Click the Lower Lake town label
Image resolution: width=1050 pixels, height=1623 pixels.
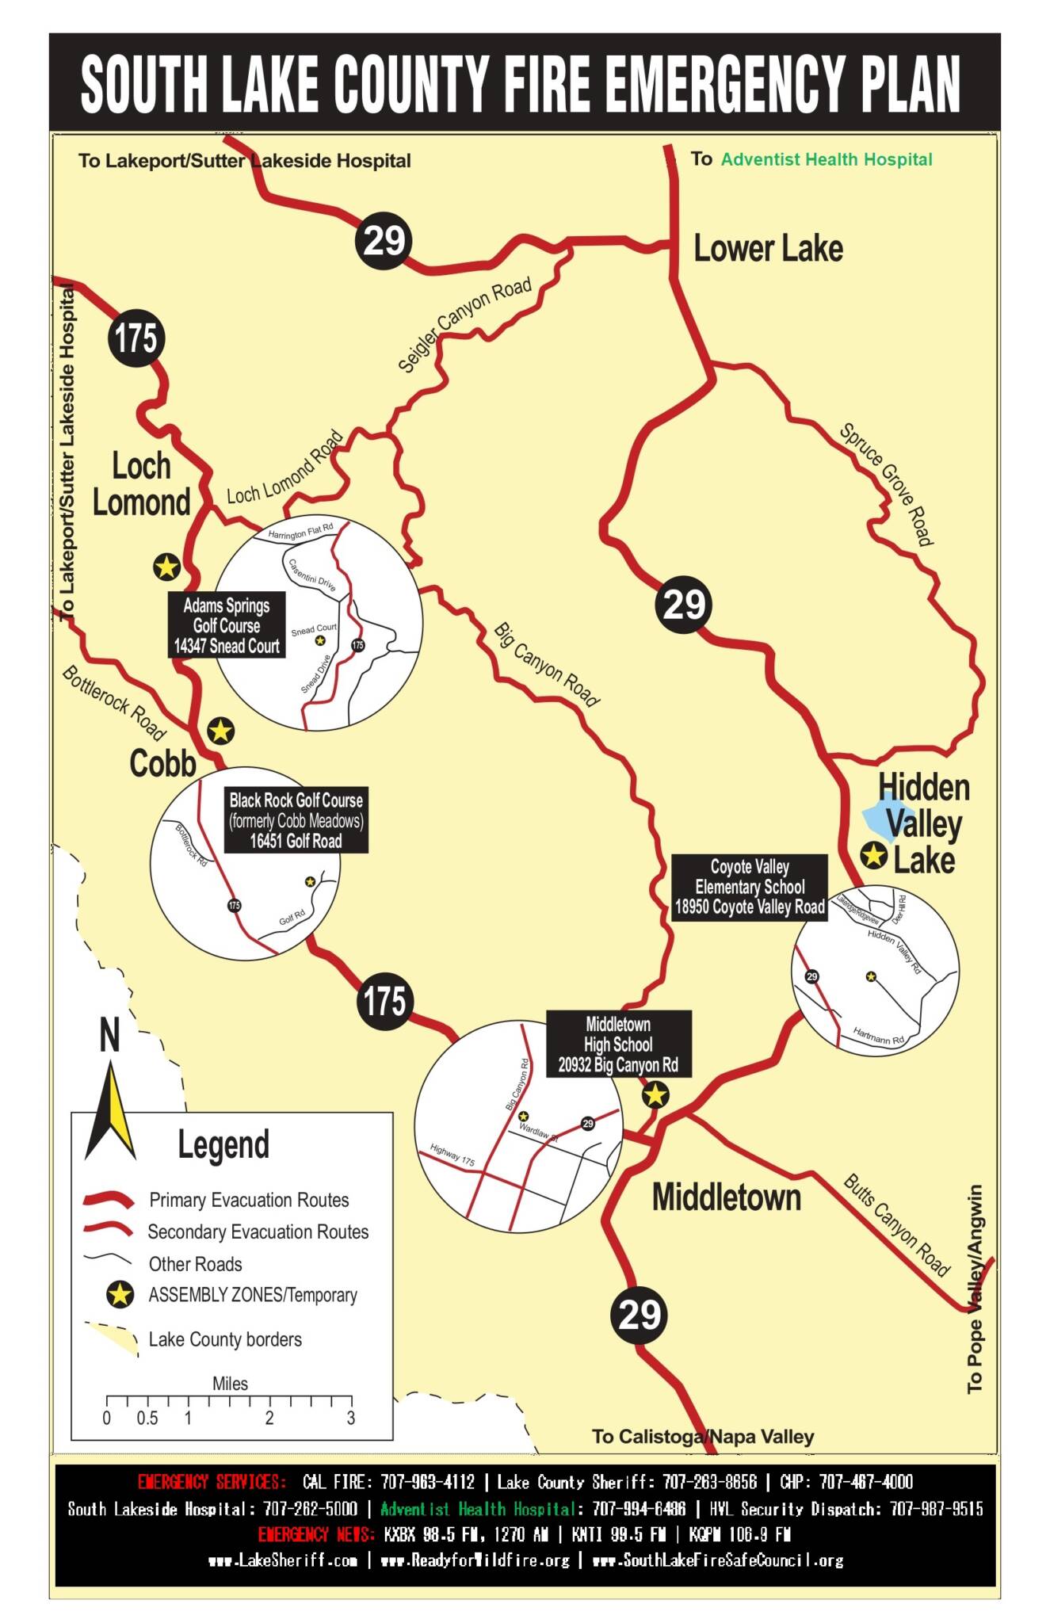pos(768,249)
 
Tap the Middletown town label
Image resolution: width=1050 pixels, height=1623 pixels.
pos(726,1197)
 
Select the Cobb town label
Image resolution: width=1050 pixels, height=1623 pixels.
pos(162,763)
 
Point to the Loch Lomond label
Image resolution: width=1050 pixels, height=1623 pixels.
pos(141,484)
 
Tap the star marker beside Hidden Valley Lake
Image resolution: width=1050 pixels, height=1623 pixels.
pos(873,856)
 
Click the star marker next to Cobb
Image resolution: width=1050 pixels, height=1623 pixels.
pos(220,731)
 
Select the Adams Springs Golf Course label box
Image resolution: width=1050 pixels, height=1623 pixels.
pos(227,626)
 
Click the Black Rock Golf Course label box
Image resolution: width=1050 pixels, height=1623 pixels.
pos(296,820)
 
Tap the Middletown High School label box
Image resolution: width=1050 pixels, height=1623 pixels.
pos(618,1044)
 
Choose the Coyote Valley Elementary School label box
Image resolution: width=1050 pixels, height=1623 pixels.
pos(750,887)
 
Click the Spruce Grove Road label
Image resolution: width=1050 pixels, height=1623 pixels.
pos(886,484)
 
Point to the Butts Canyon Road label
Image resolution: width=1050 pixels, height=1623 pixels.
pos(896,1224)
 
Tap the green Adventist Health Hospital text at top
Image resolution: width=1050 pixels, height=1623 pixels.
pos(826,159)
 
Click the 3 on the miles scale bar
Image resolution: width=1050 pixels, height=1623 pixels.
pos(350,1418)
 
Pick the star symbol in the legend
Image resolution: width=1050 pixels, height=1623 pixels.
pos(120,1295)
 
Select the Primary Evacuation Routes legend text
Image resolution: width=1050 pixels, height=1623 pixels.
pos(249,1200)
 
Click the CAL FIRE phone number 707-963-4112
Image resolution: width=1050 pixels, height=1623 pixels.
pos(428,1482)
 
